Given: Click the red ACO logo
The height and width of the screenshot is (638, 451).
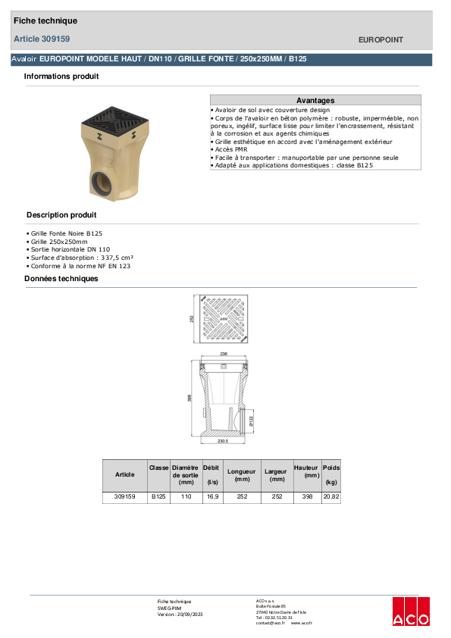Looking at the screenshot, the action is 411,611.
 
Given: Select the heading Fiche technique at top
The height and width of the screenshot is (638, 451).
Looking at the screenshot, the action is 45,20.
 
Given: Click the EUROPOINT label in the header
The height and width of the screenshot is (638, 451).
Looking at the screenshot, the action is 381,39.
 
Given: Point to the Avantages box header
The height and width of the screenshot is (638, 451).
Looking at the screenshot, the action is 315,100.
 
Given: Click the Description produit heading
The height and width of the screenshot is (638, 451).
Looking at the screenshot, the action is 61,215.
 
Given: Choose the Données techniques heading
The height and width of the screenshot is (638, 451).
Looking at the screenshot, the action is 61,279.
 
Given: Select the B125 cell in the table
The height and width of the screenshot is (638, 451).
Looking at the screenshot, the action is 158,497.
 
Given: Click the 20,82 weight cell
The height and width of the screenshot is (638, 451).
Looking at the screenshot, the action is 331,497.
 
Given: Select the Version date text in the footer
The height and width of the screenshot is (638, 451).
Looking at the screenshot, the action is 180,614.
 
